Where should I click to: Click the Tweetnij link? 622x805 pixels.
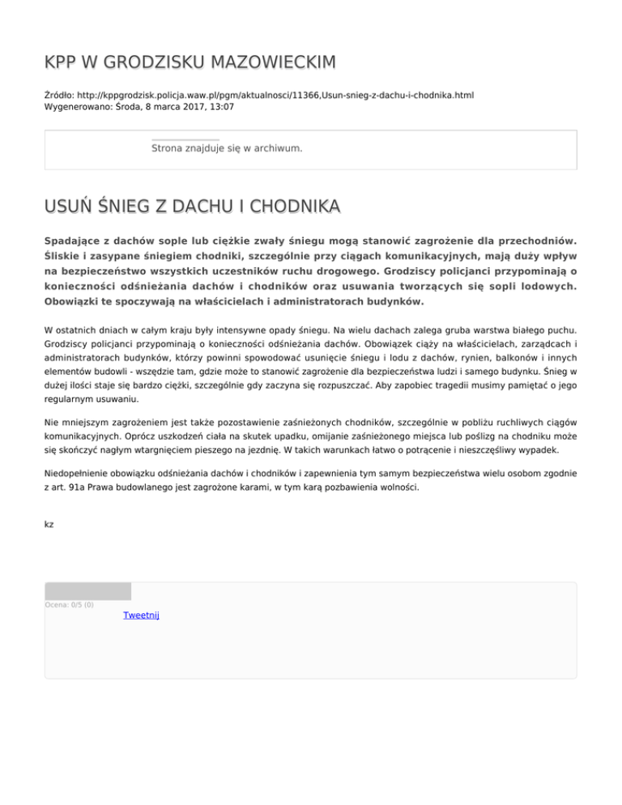pyautogui.click(x=141, y=616)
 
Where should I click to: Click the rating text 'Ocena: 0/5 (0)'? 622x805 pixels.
pyautogui.click(x=69, y=604)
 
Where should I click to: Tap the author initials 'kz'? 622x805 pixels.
pyautogui.click(x=49, y=525)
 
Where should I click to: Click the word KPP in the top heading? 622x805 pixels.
pyautogui.click(x=62, y=62)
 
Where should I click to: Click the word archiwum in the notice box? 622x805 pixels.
pyautogui.click(x=278, y=149)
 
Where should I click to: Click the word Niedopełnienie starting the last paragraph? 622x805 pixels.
pyautogui.click(x=81, y=474)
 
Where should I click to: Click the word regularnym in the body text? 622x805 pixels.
pyautogui.click(x=69, y=399)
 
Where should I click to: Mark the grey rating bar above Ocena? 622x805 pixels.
pyautogui.click(x=87, y=591)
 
